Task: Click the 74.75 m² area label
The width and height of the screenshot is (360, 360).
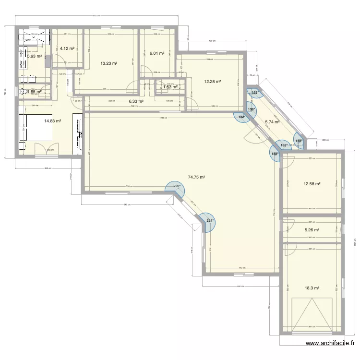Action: click(196, 177)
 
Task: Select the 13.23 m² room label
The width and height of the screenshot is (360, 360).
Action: click(108, 63)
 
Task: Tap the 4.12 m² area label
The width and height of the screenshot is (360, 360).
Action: click(67, 48)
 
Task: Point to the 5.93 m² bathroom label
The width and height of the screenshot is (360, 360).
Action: click(34, 56)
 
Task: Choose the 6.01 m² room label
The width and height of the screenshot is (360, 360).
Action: click(157, 54)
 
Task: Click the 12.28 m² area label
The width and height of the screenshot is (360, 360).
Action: click(212, 82)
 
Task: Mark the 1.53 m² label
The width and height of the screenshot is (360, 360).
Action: click(170, 87)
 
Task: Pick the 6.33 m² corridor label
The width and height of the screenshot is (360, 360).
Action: click(136, 101)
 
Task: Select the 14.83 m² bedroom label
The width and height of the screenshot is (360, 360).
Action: click(52, 121)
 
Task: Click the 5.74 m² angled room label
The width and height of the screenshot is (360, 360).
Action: click(272, 122)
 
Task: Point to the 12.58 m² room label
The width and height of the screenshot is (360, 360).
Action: click(312, 183)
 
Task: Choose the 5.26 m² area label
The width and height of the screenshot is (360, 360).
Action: click(312, 230)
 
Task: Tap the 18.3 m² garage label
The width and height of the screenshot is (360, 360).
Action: click(312, 288)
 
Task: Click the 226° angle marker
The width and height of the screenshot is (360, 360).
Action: click(175, 187)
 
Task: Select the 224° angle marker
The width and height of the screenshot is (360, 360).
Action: click(210, 221)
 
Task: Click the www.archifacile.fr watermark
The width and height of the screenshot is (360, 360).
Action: click(331, 343)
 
